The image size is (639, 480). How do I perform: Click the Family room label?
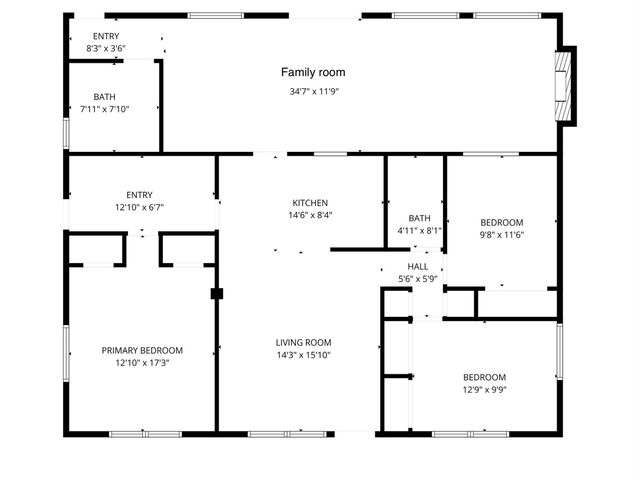pyautogui.click(x=312, y=72)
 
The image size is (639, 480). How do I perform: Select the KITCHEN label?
pyautogui.click(x=310, y=203)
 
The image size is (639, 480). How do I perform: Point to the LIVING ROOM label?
pyautogui.click(x=303, y=342)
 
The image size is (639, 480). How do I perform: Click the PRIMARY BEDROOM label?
pyautogui.click(x=142, y=350)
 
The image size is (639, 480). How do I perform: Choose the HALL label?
pyautogui.click(x=418, y=267)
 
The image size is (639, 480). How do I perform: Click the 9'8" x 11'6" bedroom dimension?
pyautogui.click(x=501, y=234)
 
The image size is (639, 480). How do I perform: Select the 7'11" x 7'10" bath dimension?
pyautogui.click(x=104, y=109)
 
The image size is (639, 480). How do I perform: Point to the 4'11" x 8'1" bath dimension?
pyautogui.click(x=419, y=230)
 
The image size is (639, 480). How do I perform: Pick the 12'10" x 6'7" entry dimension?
pyautogui.click(x=139, y=207)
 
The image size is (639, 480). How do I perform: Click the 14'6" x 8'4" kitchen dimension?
pyautogui.click(x=310, y=215)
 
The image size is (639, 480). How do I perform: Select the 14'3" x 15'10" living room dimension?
pyautogui.click(x=303, y=354)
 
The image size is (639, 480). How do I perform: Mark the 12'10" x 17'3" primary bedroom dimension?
pyautogui.click(x=142, y=363)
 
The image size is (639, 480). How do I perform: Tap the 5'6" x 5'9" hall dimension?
pyautogui.click(x=418, y=279)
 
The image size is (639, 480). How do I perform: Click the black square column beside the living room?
pyautogui.click(x=216, y=294)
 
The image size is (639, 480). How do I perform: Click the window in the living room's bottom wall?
pyautogui.click(x=277, y=433)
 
